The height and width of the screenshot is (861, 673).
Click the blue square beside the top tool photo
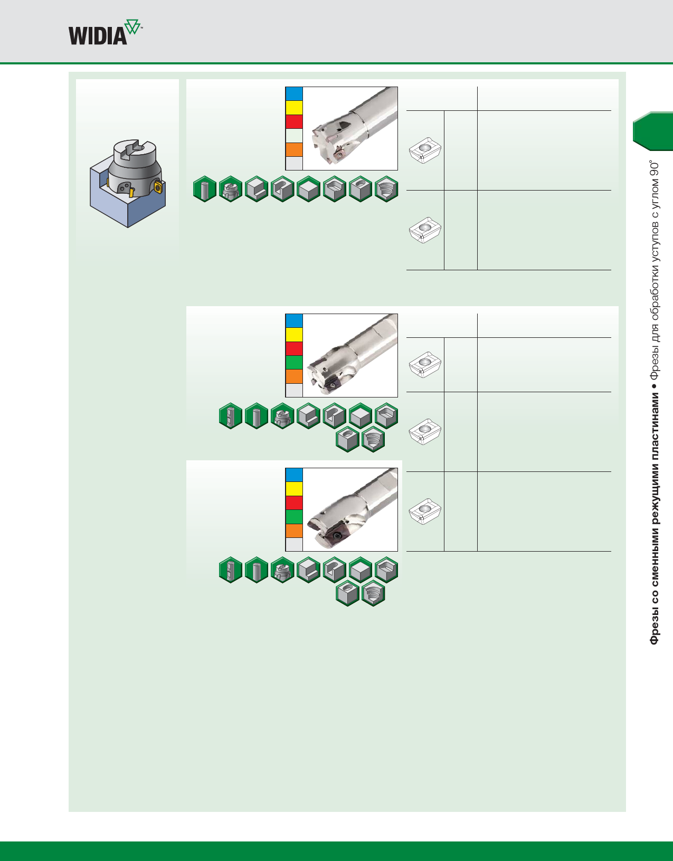(294, 93)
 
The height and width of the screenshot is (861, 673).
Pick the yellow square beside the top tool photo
(294, 108)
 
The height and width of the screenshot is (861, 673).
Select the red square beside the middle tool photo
(294, 348)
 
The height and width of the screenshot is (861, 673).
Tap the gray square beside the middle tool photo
(294, 390)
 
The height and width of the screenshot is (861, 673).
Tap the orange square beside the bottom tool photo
(294, 531)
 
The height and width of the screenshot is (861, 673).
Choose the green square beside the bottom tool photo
(294, 516)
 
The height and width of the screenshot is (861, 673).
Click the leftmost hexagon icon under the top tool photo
(205, 189)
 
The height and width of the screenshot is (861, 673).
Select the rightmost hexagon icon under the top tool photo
(386, 189)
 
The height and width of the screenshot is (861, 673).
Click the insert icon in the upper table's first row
(425, 151)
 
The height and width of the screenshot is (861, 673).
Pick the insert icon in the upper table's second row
(425, 230)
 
